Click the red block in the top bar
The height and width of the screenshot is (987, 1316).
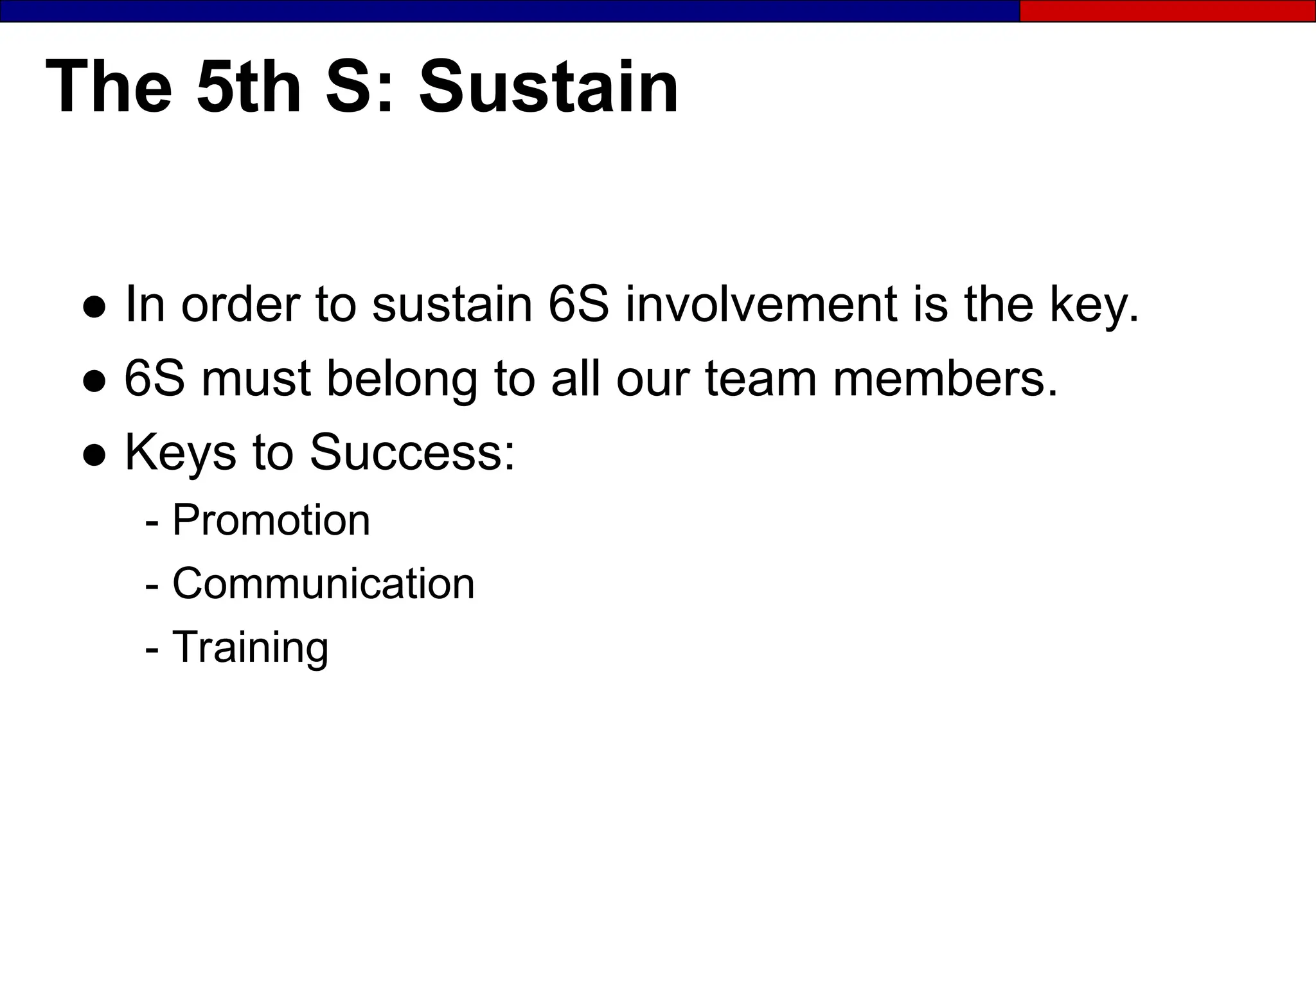click(x=1167, y=11)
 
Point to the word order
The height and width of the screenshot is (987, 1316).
click(x=240, y=304)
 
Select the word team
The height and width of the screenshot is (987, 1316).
click(x=761, y=378)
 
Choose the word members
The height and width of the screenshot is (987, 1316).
click(x=945, y=378)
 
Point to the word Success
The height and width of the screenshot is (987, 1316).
click(x=412, y=452)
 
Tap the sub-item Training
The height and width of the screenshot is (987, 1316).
click(x=251, y=647)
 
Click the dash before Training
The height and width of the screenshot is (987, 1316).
click(x=152, y=648)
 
